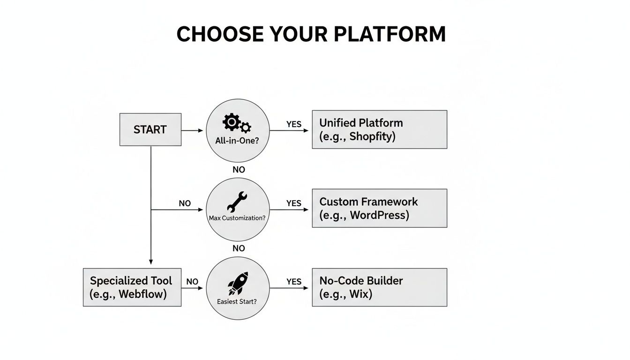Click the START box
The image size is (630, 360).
(x=150, y=129)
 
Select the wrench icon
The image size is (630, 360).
(x=237, y=202)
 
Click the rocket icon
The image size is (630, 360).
(x=238, y=283)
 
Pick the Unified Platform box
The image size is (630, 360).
(x=379, y=129)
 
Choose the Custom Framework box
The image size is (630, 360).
(x=379, y=208)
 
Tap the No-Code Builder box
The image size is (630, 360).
(x=379, y=287)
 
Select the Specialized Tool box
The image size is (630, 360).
(x=132, y=287)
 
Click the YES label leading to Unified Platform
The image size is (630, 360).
(x=294, y=124)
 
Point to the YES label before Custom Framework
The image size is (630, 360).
(x=294, y=203)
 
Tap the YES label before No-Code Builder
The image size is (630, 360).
(x=294, y=282)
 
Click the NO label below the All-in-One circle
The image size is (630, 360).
(x=239, y=170)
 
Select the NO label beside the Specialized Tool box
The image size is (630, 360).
(x=192, y=282)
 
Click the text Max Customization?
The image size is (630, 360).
(x=237, y=218)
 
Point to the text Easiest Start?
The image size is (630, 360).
(x=237, y=302)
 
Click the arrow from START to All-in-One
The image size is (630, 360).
(x=193, y=130)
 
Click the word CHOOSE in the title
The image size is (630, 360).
(x=220, y=34)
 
